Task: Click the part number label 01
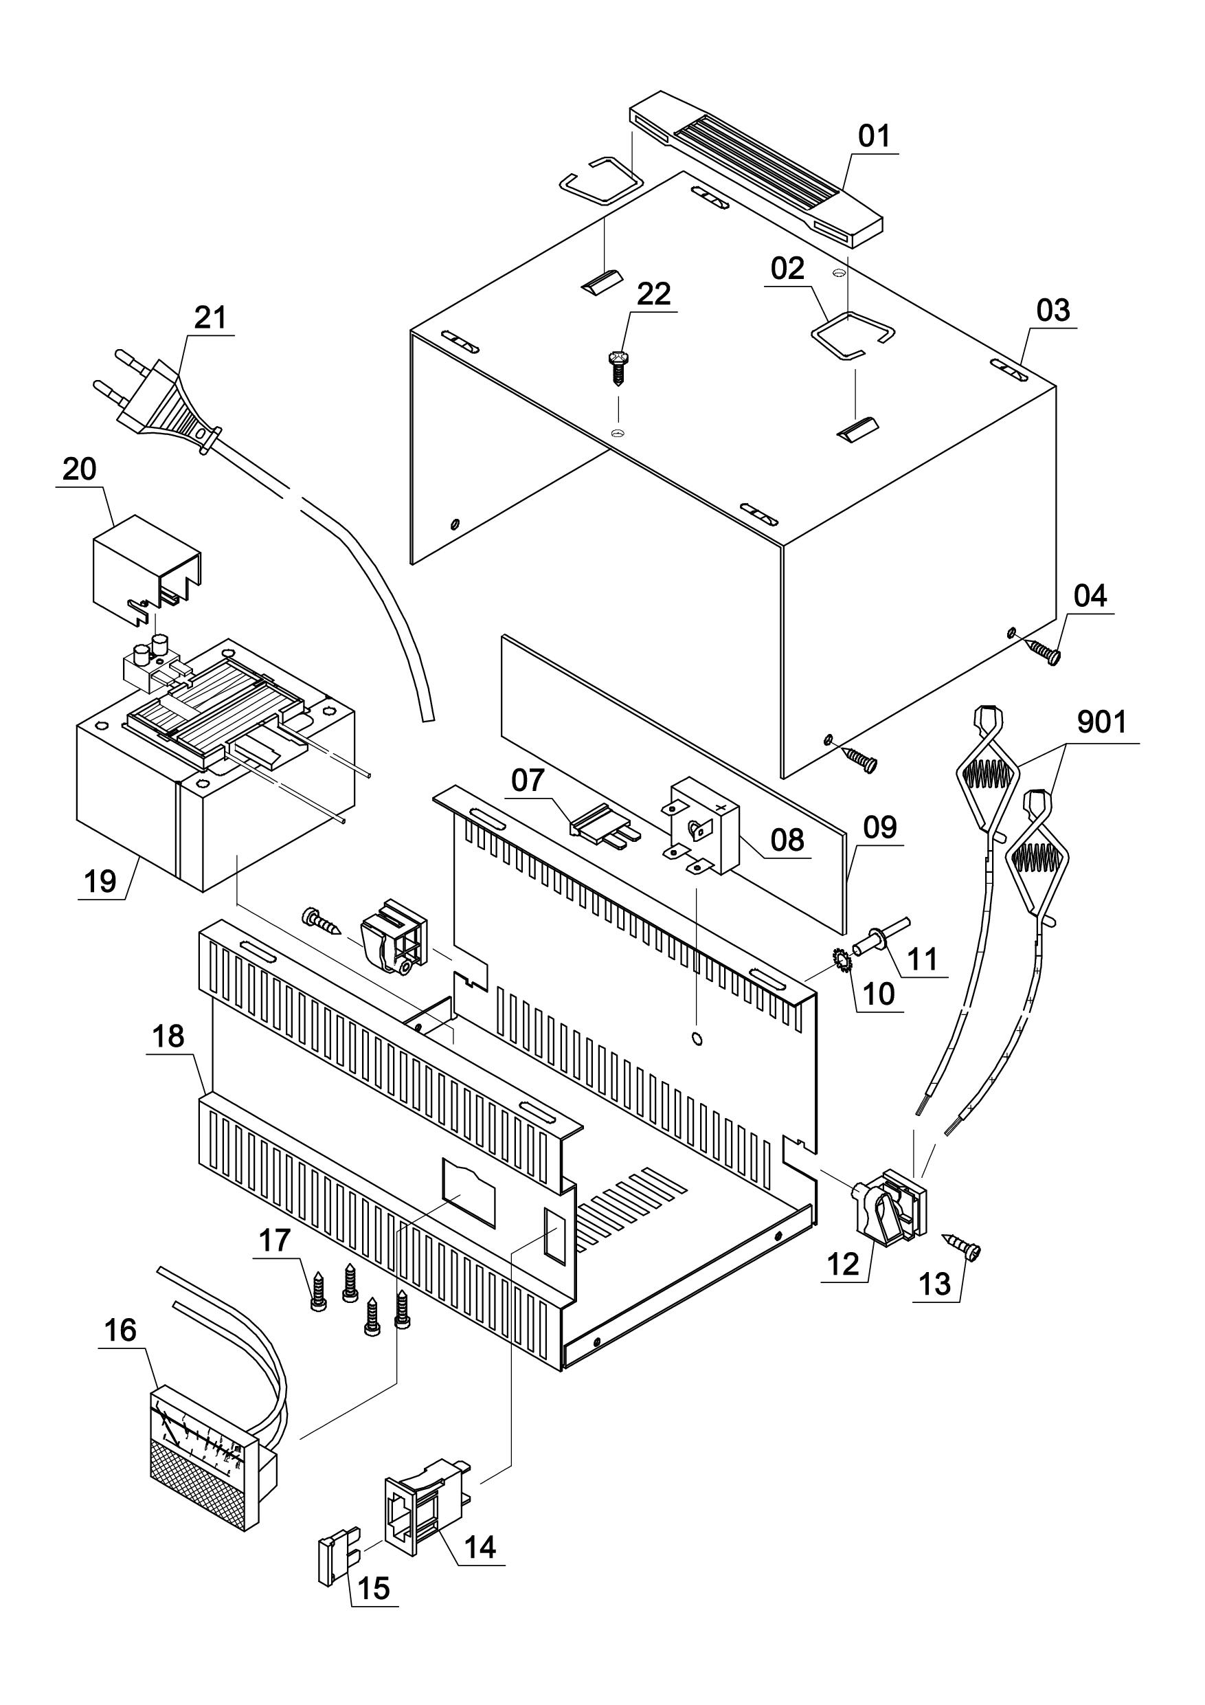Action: pos(874,136)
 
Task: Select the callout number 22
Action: pos(653,294)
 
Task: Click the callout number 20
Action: pos(80,469)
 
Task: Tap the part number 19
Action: pos(100,882)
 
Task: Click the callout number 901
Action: pos(1102,722)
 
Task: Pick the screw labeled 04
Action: pos(1045,648)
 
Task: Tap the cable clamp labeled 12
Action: pos(889,1204)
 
